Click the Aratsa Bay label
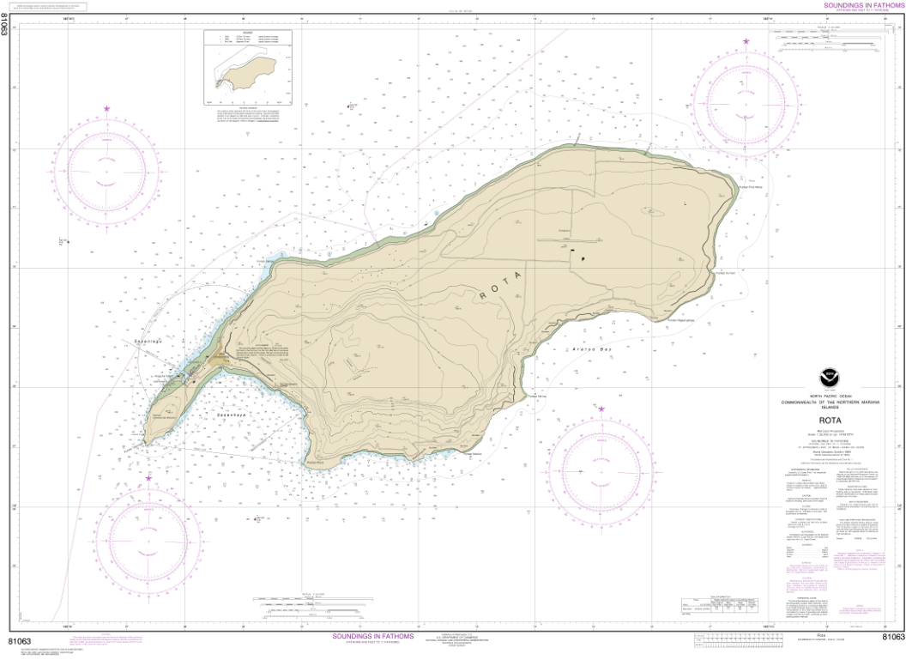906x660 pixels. (573, 351)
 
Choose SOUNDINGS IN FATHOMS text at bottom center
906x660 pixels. (372, 636)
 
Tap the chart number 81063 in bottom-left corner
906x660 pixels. (20, 640)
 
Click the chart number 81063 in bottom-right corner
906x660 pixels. (888, 636)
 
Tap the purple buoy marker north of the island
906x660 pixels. (349, 106)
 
